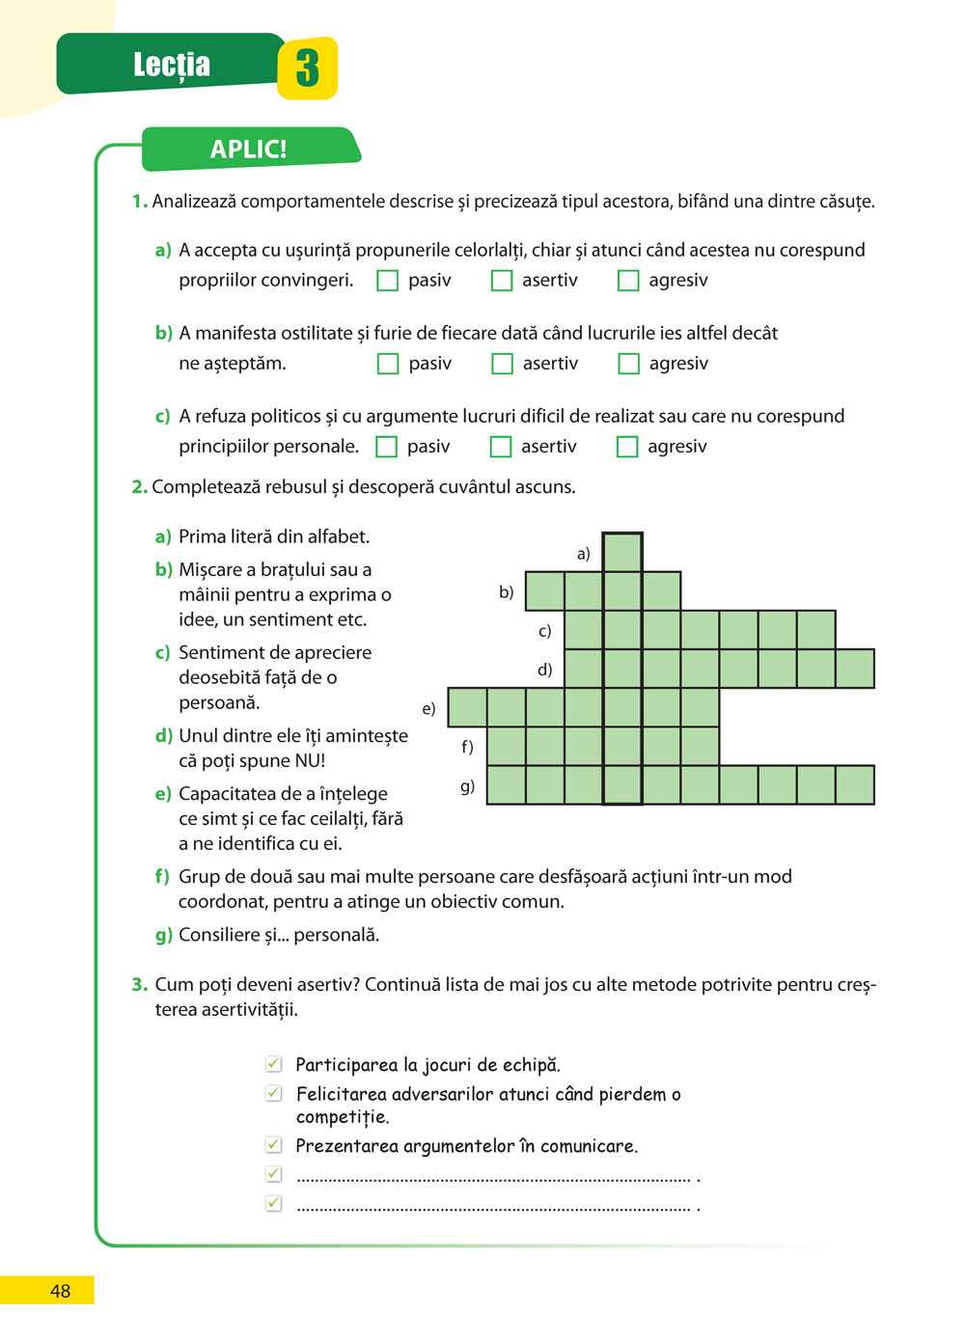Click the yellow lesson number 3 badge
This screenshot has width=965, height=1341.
tap(307, 68)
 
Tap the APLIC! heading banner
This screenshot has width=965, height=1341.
tap(249, 150)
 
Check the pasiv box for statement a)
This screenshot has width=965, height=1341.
tap(387, 281)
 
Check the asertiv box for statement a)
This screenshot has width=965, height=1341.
tap(501, 281)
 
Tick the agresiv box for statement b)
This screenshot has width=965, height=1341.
tap(628, 364)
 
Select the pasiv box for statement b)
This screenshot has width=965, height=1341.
tap(387, 364)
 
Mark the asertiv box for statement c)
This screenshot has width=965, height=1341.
tap(500, 447)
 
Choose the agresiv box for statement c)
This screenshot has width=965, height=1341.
tap(627, 447)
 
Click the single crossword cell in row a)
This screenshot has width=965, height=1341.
tap(622, 553)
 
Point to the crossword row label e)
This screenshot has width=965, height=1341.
tap(428, 709)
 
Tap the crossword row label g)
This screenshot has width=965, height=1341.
tap(467, 786)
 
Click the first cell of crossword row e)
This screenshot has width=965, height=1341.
tap(468, 707)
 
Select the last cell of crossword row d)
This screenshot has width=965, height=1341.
tap(855, 669)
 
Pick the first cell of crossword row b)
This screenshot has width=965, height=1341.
tap(545, 591)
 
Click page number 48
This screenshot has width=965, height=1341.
tap(60, 1291)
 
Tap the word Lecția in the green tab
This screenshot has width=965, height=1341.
tap(172, 65)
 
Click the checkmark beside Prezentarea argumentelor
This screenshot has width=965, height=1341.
tap(274, 1145)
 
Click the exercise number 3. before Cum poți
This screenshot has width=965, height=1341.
tap(140, 985)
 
